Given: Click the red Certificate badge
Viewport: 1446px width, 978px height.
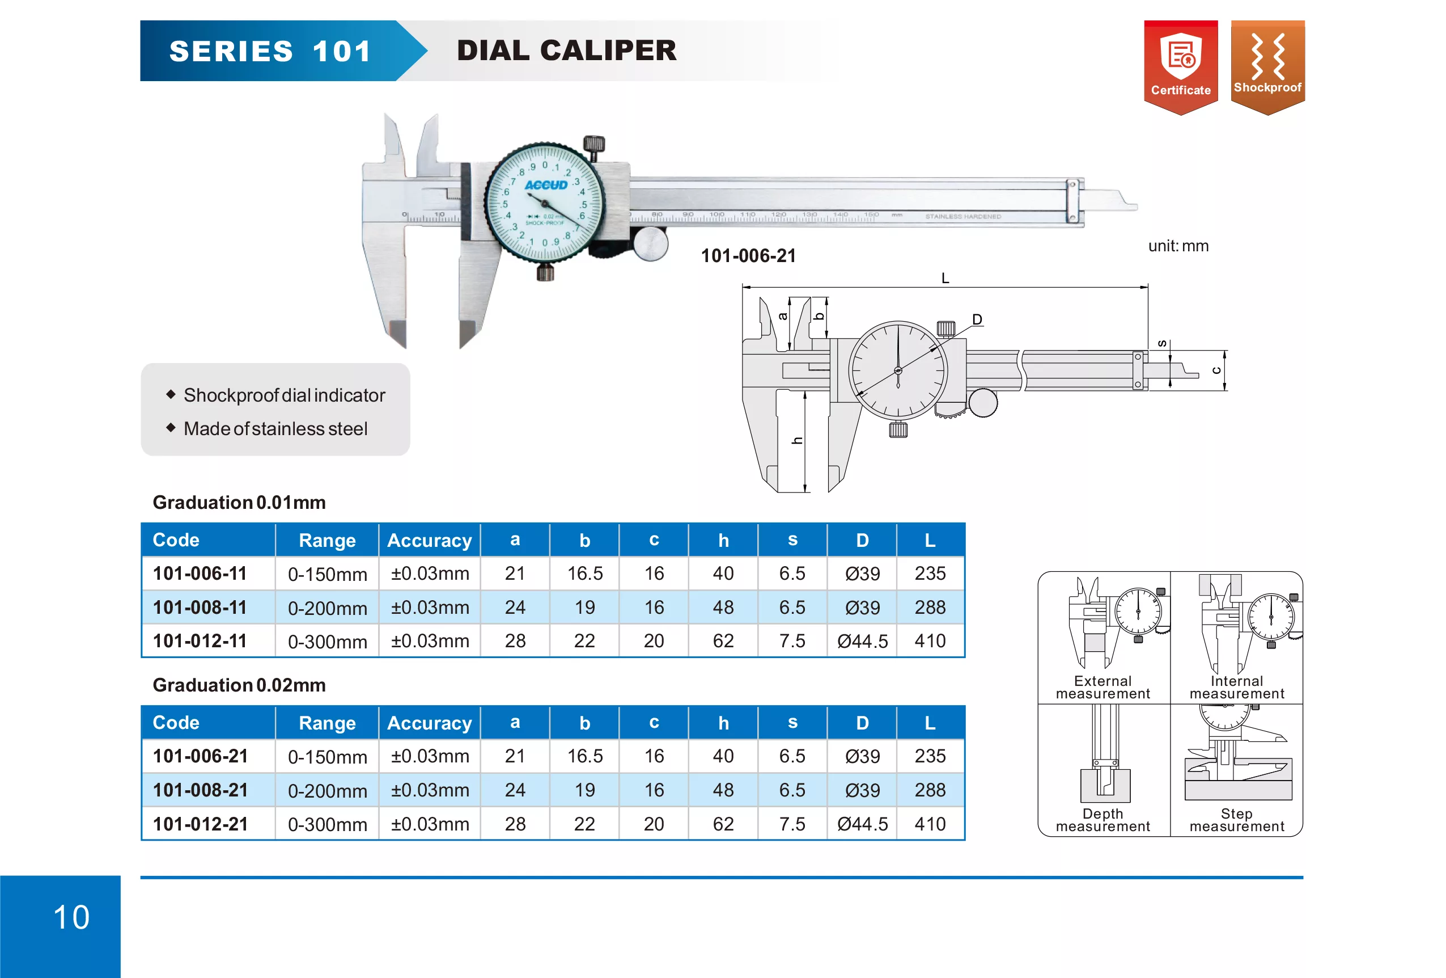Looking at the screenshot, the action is [1180, 68].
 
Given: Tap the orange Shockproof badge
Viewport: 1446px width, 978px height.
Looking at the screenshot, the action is [1267, 68].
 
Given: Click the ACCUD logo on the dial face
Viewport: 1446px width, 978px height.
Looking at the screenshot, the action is [546, 185].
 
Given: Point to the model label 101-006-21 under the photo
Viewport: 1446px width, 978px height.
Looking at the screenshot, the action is [749, 255].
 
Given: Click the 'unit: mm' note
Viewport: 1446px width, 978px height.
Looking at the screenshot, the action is [1178, 246].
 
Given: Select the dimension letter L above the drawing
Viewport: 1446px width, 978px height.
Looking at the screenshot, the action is [945, 279].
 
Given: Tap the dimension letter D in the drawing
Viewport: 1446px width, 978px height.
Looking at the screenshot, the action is [977, 319].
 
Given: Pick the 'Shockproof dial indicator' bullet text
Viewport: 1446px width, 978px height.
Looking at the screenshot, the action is [285, 395].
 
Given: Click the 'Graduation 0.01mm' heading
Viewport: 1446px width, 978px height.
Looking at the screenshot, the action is [239, 503].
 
